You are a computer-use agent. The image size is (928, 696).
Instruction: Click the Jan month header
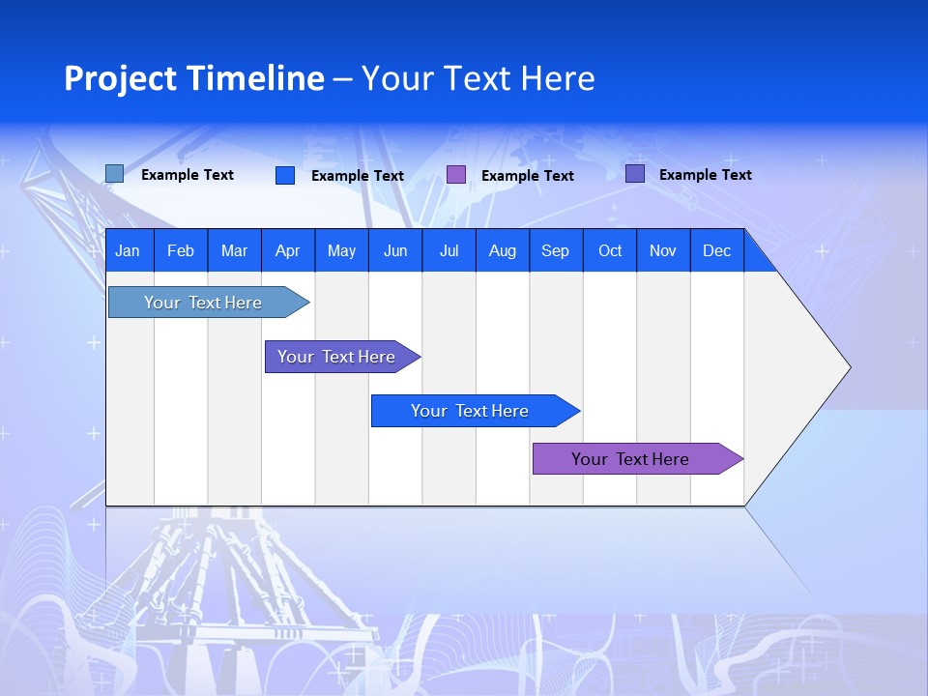click(128, 250)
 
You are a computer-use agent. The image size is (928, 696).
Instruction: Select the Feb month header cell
click(181, 250)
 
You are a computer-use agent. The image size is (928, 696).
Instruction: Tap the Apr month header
click(287, 250)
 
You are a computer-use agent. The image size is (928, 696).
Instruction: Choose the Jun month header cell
click(395, 250)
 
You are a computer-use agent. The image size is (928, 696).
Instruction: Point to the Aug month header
click(502, 250)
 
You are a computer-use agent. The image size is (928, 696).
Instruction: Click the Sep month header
click(555, 250)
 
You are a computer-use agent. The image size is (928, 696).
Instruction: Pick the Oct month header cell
click(610, 250)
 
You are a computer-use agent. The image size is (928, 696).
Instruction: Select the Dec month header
click(716, 250)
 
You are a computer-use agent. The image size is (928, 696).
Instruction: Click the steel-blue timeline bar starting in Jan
click(203, 303)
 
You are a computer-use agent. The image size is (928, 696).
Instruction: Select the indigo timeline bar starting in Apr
click(336, 357)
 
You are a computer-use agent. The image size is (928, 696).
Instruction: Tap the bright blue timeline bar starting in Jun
click(470, 411)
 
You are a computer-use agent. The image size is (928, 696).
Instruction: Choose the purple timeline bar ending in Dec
click(630, 459)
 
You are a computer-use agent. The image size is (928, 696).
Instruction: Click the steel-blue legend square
click(114, 174)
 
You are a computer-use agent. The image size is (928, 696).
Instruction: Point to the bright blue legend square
click(285, 175)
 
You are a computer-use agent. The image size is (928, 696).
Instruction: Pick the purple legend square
click(456, 175)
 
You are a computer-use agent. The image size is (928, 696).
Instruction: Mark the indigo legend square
click(635, 174)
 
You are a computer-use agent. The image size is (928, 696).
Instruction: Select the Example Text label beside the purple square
click(527, 176)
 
